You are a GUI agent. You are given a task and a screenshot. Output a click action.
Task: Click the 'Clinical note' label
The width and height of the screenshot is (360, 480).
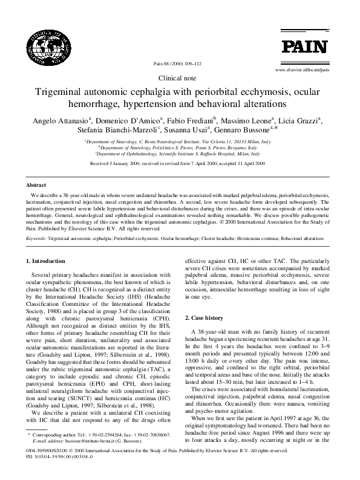[x=180, y=79]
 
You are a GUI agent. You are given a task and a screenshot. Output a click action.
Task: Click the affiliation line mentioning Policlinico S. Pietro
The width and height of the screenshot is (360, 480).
[x=180, y=148]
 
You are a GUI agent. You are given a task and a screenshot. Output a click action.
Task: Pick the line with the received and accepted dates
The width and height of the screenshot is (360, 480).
[x=180, y=163]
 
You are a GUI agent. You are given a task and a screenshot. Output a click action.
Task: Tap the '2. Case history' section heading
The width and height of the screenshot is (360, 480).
[x=206, y=317]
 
